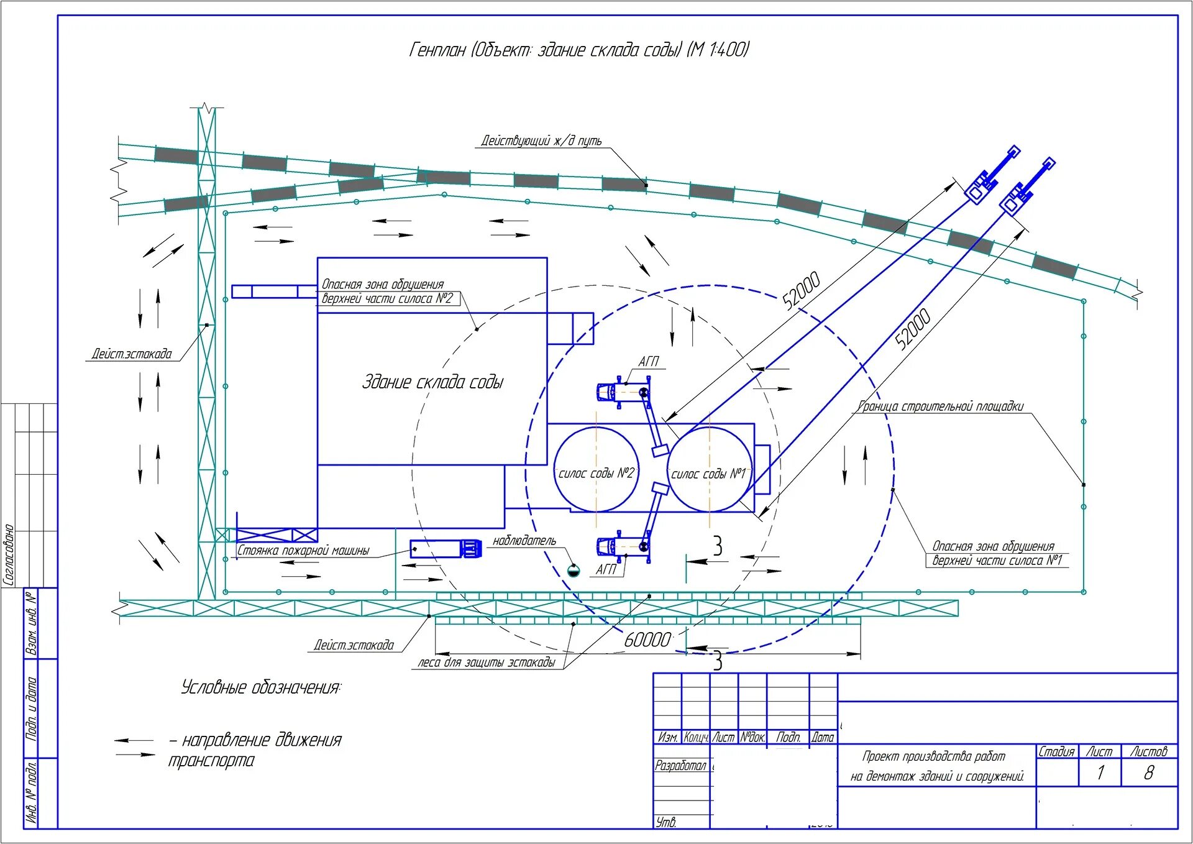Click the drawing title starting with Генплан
point(579,50)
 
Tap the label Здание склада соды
point(432,382)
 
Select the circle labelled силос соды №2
point(596,469)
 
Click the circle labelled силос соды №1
point(709,469)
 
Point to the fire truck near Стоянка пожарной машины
point(446,549)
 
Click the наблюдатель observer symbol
point(574,569)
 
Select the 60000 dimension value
point(647,640)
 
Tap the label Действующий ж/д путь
point(541,141)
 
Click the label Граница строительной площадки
point(940,406)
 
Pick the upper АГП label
point(649,362)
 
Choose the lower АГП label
point(606,569)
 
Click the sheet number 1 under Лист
point(1100,773)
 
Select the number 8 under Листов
point(1149,773)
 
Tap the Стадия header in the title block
point(1056,751)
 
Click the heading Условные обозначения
point(261,687)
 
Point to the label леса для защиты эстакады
point(487,663)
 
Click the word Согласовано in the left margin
point(9,554)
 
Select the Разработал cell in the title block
point(681,766)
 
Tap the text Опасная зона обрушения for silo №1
point(993,546)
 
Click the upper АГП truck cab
point(605,392)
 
